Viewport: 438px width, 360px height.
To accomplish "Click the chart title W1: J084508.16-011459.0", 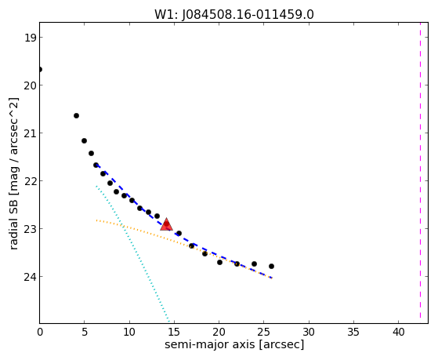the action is pos(234,14).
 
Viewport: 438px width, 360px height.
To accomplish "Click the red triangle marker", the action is pos(166,224).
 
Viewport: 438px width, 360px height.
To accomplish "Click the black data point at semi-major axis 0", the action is pos(40,69).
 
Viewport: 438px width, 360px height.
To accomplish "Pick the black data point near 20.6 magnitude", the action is pos(76,115).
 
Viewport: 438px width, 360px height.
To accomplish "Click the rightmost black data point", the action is pos(271,266).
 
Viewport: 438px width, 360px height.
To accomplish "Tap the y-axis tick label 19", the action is pos(30,38).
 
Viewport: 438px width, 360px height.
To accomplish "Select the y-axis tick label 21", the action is pos(30,133).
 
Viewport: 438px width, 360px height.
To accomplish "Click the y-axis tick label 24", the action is pos(30,277).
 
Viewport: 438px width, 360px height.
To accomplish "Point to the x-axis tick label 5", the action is pos(85,332).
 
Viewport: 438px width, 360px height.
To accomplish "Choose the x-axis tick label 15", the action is pos(174,332).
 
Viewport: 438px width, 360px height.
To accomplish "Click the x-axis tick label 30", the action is pos(309,332).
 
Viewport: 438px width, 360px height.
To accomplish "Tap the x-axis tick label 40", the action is pos(398,332).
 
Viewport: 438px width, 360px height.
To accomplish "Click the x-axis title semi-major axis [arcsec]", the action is pos(234,344).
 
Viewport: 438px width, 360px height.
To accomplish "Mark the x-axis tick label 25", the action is pos(264,332).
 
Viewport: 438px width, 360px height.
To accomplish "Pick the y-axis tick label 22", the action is pos(30,181).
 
